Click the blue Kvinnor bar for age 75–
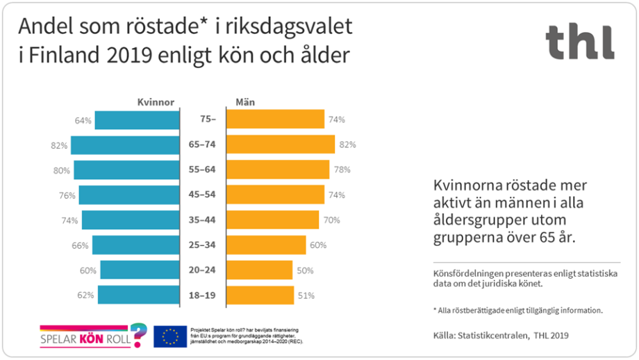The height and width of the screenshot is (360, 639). pyautogui.click(x=137, y=120)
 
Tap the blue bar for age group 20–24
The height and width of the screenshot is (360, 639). pyautogui.click(x=140, y=270)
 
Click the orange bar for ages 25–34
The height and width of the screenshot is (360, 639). pyautogui.click(x=267, y=245)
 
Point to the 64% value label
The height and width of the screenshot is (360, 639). pyautogui.click(x=83, y=120)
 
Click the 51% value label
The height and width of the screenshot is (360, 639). pyautogui.click(x=306, y=295)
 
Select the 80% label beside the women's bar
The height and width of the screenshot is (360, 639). pyautogui.click(x=62, y=170)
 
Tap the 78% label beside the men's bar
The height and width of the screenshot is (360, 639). pyautogui.click(x=341, y=170)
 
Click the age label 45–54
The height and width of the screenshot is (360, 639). pyautogui.click(x=204, y=195)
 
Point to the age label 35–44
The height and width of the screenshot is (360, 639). pyautogui.click(x=204, y=220)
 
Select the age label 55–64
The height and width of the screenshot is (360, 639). pyautogui.click(x=204, y=170)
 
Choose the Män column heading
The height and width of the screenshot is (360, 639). pyautogui.click(x=245, y=102)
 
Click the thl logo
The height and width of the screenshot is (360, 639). pyautogui.click(x=579, y=42)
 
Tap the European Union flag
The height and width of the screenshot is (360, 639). pyautogui.click(x=170, y=336)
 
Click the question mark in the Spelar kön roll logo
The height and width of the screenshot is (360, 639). pyautogui.click(x=139, y=334)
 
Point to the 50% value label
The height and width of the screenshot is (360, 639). pyautogui.click(x=306, y=270)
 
